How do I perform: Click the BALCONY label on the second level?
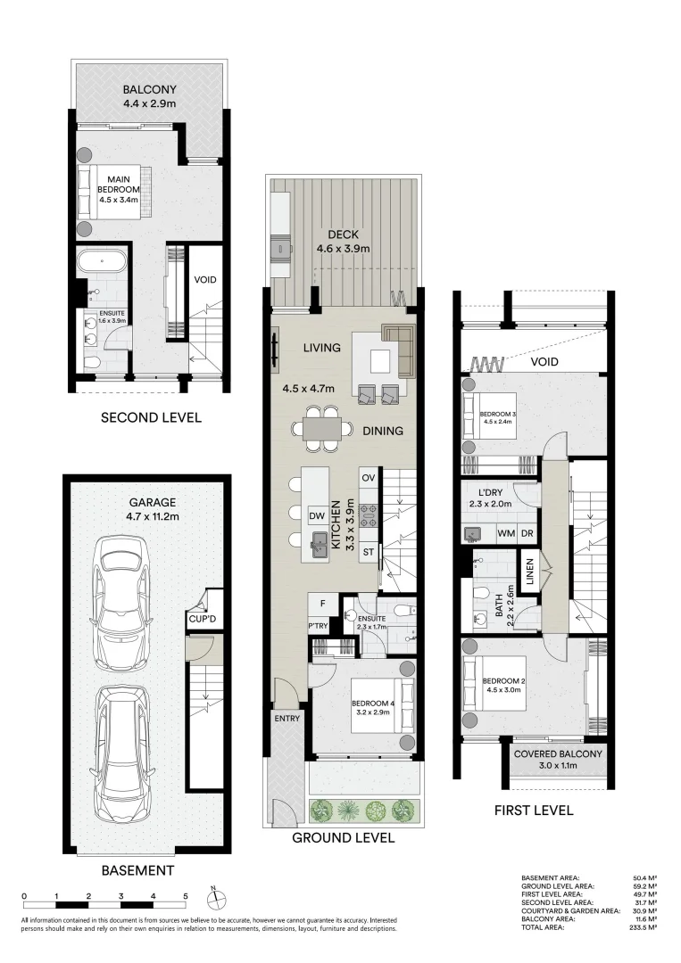[150, 89]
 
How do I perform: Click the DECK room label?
[343, 235]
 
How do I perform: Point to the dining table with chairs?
[320, 429]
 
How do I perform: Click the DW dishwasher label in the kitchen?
[316, 515]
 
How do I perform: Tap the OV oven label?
[368, 478]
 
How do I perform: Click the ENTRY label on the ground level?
[287, 718]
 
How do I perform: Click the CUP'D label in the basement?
[199, 619]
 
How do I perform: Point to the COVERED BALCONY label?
[558, 753]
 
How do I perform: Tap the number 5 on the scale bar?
[186, 895]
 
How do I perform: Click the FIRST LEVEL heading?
[534, 811]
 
